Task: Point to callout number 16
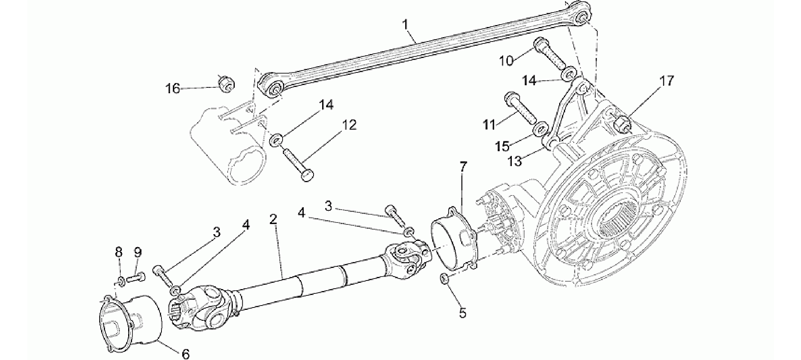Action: click(x=172, y=89)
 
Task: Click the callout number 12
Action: click(x=349, y=125)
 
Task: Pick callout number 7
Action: click(x=463, y=167)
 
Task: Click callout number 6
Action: click(x=186, y=353)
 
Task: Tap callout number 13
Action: click(x=515, y=161)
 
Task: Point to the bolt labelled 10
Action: click(x=549, y=57)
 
